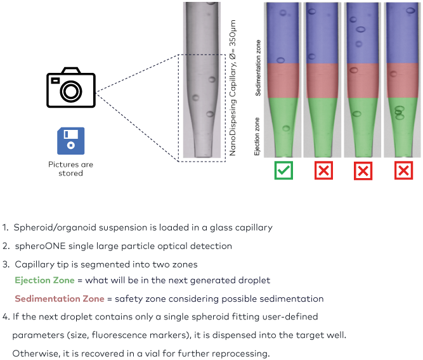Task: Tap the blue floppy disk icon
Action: [70, 140]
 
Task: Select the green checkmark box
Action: [283, 170]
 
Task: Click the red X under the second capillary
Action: [323, 170]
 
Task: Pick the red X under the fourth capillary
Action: [403, 170]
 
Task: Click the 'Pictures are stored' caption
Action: [70, 169]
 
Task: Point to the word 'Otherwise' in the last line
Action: [35, 353]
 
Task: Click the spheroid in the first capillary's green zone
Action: [286, 128]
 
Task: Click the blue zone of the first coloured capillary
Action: [283, 35]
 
